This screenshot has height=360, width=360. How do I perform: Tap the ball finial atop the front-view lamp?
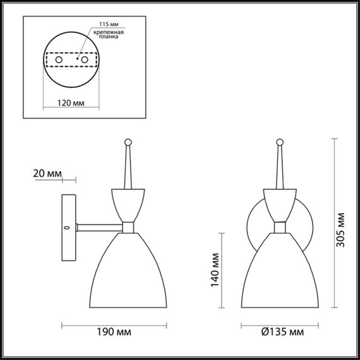(x=279, y=142)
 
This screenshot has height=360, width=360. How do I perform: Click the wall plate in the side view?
(x=68, y=227)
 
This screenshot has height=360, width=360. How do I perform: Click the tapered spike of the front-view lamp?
(x=279, y=167)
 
